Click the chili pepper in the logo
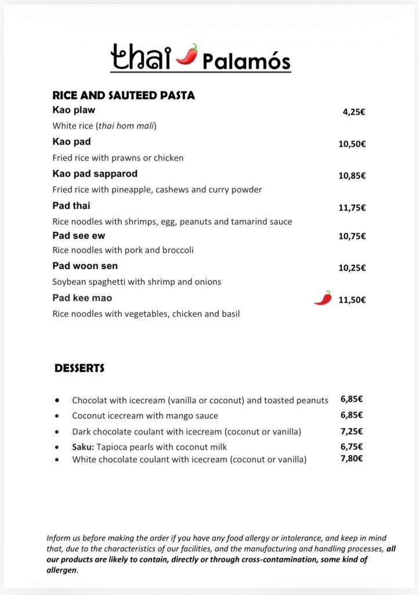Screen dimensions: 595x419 186,54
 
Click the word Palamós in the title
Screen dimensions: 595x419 246,60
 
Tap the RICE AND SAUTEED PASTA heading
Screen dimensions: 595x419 123,95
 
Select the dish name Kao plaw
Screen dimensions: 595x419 74,110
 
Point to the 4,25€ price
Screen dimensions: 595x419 353,112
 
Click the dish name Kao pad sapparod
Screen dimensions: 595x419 95,174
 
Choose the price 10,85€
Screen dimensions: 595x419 352,175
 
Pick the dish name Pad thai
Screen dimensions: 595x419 71,206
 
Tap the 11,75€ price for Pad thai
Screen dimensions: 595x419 352,207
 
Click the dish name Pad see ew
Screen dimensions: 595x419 79,235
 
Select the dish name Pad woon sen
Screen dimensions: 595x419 85,266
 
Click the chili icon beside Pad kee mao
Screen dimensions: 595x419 323,298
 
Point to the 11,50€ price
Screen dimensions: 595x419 352,300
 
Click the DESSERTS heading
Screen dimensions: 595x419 80,368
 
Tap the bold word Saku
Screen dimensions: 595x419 83,447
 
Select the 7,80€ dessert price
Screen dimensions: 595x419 352,458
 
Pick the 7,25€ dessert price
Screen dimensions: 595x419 352,431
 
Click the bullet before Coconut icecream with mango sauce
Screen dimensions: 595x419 57,416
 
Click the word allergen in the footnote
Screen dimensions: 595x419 62,570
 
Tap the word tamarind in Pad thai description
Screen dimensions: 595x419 248,221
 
